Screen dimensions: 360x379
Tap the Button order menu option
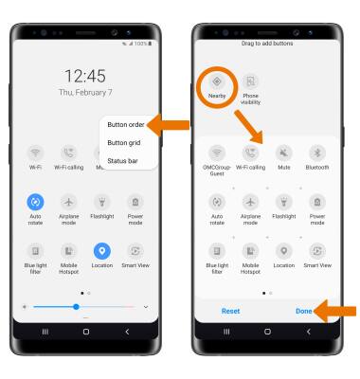[x=126, y=125]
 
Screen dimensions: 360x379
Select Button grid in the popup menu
[x=124, y=143]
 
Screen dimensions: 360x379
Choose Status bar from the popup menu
[x=122, y=161]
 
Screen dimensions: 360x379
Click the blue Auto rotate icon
[x=35, y=202]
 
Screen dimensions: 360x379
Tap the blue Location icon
[x=102, y=251]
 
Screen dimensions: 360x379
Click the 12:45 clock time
[x=85, y=76]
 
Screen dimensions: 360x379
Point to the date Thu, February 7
[x=85, y=93]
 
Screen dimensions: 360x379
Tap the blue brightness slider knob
[x=76, y=307]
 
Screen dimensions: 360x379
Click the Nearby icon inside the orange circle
[x=217, y=81]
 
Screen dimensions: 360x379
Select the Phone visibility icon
[x=250, y=81]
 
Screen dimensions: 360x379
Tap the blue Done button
[x=304, y=311]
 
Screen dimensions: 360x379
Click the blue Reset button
[x=230, y=311]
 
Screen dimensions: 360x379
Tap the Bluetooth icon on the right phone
[x=317, y=153]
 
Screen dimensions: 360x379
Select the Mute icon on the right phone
[x=284, y=153]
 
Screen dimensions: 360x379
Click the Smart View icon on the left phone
[x=135, y=251]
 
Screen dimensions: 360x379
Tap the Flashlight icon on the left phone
[x=102, y=202]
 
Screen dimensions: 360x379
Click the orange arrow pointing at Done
[x=334, y=311]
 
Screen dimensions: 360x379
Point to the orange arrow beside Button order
[x=168, y=125]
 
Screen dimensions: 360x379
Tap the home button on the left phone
[x=86, y=332]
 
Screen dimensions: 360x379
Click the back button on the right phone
[x=309, y=332]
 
